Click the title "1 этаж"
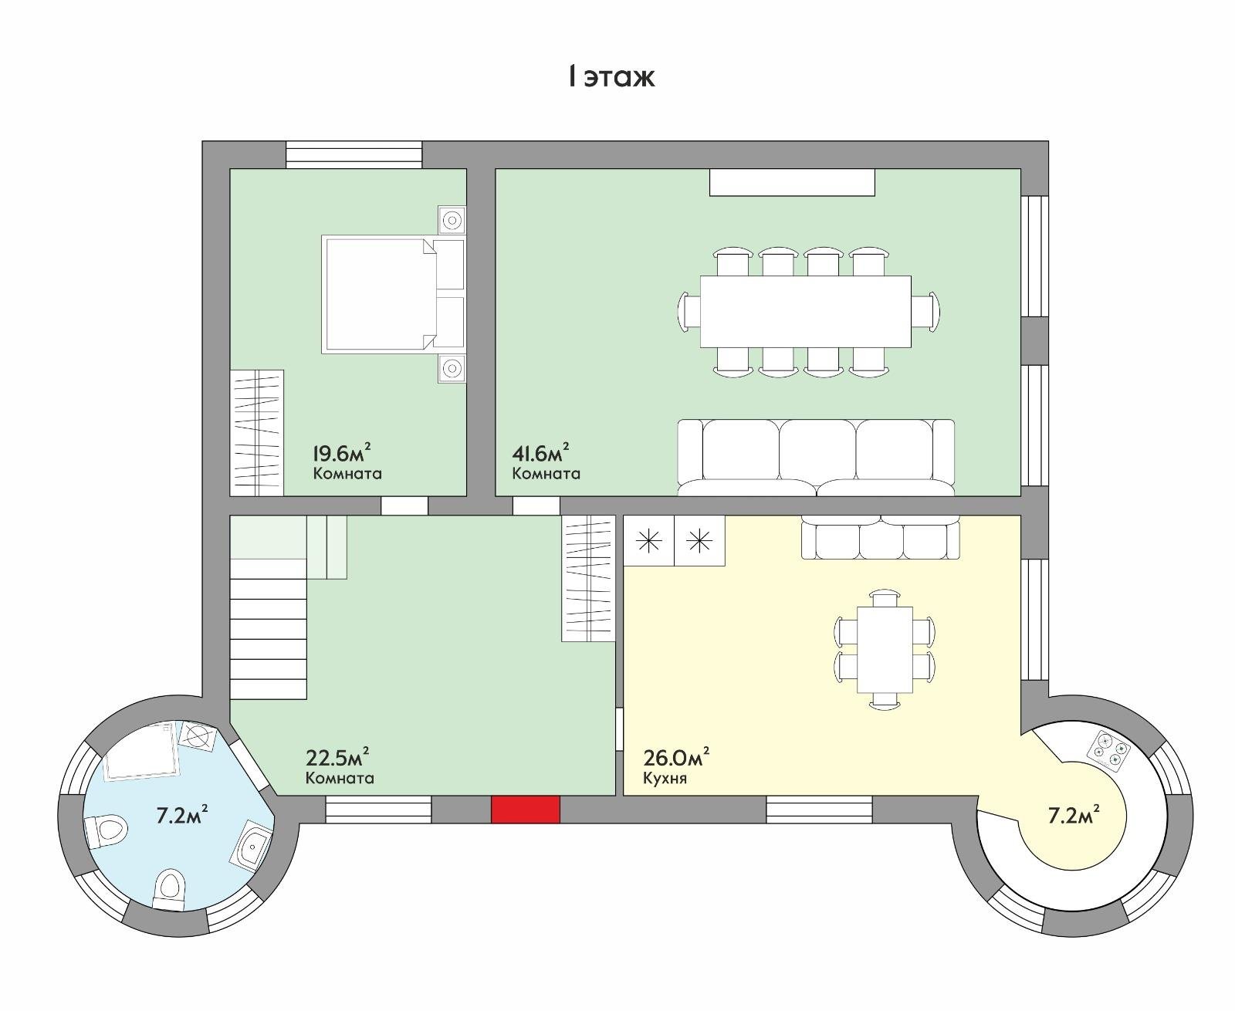pyautogui.click(x=611, y=77)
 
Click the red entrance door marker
pyautogui.click(x=526, y=809)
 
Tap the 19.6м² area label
pyautogui.click(x=342, y=452)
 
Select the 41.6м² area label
pyautogui.click(x=540, y=452)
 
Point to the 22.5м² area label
pyautogui.click(x=337, y=758)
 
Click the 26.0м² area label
pyautogui.click(x=676, y=758)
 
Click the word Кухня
pyautogui.click(x=665, y=778)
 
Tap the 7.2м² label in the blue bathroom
pyautogui.click(x=182, y=815)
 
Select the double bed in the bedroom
pyautogui.click(x=393, y=295)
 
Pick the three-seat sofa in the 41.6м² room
pyautogui.click(x=817, y=457)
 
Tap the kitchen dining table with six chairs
pyautogui.click(x=885, y=650)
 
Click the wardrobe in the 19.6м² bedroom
pyautogui.click(x=256, y=433)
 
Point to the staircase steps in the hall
pyautogui.click(x=268, y=629)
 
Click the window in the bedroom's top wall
pyautogui.click(x=354, y=154)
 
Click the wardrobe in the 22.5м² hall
pyautogui.click(x=588, y=578)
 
